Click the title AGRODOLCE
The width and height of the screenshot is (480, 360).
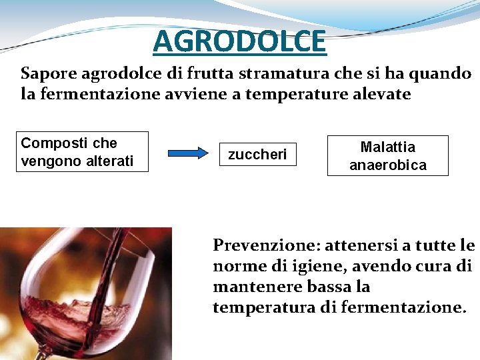(239, 41)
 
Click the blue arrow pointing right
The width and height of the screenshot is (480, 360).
(189, 153)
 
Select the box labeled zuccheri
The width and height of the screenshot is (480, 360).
(257, 155)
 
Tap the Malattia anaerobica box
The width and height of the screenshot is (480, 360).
(387, 155)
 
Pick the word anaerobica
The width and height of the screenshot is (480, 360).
(387, 165)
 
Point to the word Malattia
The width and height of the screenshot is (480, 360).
(387, 147)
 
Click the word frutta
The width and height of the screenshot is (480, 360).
(217, 73)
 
